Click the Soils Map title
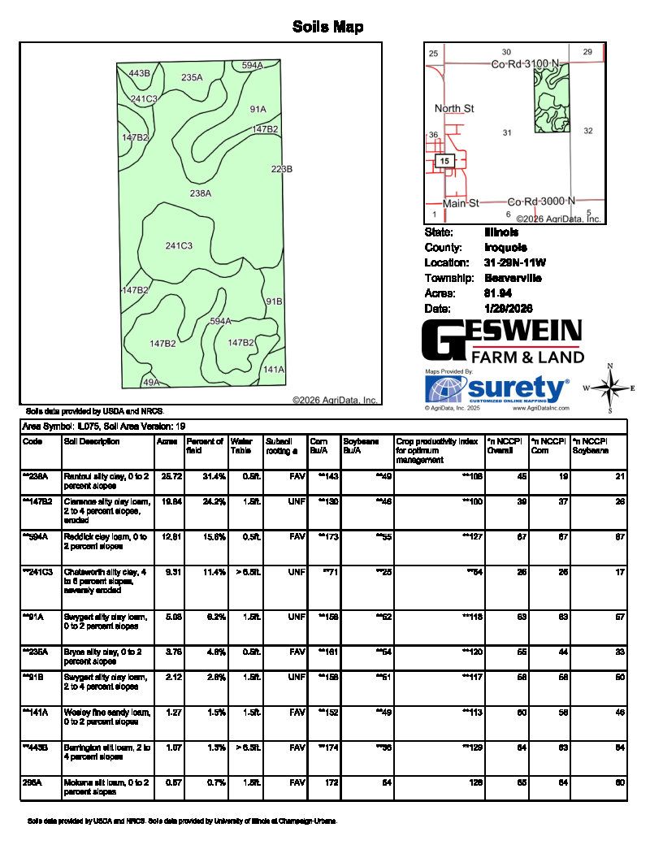tap(327, 28)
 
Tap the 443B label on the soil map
tap(140, 74)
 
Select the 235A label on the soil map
tap(192, 78)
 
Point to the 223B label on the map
tap(281, 169)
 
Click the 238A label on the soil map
tap(201, 193)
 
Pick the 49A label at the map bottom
tap(151, 382)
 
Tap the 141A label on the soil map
tap(274, 370)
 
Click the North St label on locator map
tap(454, 109)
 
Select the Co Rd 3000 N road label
tap(541, 201)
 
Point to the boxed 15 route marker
tap(444, 162)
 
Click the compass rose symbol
tap(610, 388)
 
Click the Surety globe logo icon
tap(446, 389)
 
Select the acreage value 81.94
tap(497, 293)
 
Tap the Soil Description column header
tap(92, 442)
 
